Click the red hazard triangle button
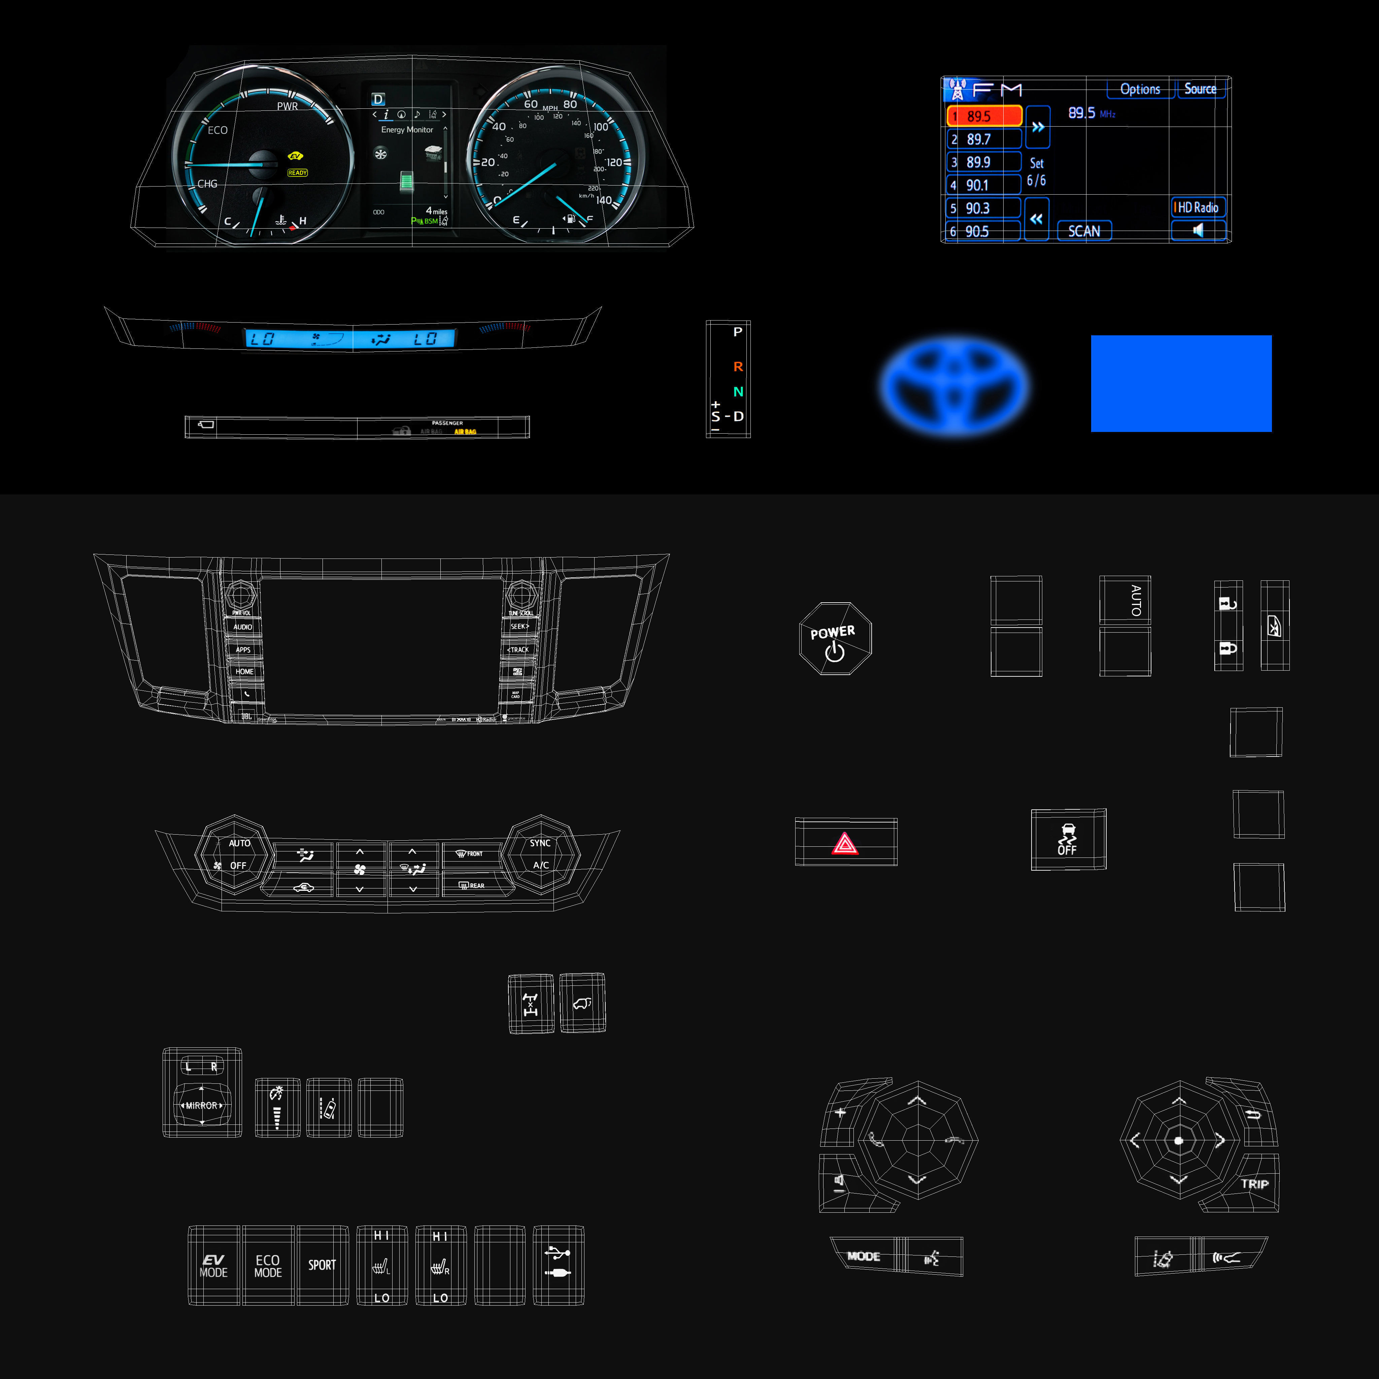tap(845, 843)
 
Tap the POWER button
tap(834, 639)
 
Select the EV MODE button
tap(213, 1266)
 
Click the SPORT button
tap(322, 1266)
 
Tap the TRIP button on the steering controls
tap(1254, 1184)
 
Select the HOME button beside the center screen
tap(244, 672)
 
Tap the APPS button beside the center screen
tap(243, 649)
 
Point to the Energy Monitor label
tap(407, 130)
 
